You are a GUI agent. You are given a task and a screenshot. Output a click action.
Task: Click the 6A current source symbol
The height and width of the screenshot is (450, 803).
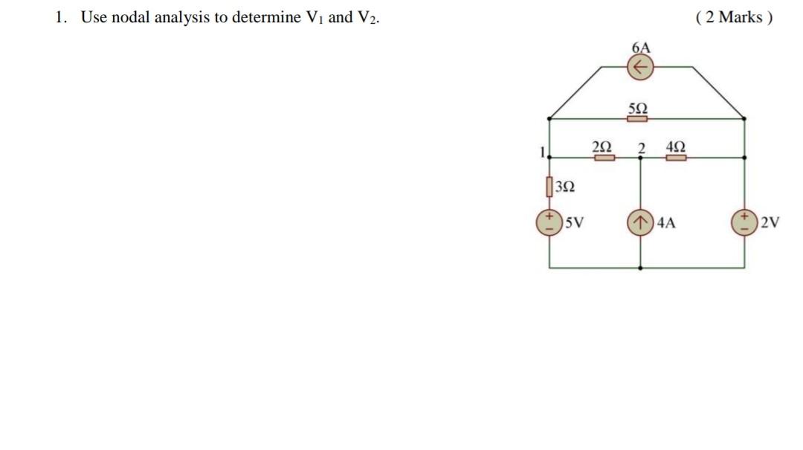click(640, 68)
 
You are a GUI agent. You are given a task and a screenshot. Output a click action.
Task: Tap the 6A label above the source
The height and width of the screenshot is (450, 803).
click(641, 48)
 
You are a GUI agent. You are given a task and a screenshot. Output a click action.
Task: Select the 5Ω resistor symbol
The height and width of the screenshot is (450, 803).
click(638, 118)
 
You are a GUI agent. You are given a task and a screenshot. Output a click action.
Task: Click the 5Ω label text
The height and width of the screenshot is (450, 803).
click(638, 108)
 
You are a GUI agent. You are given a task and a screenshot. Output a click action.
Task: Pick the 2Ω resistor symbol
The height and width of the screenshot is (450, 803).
click(603, 157)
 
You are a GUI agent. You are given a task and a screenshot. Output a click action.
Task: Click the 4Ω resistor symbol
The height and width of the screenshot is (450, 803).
click(676, 157)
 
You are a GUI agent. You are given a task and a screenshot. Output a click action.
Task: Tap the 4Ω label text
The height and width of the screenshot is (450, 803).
click(677, 146)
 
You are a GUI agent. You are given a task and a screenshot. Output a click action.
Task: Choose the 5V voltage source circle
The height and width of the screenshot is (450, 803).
click(549, 222)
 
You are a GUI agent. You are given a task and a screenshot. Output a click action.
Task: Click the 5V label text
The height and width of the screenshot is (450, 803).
click(573, 222)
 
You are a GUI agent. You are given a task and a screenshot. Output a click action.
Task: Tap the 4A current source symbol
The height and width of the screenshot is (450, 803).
click(640, 222)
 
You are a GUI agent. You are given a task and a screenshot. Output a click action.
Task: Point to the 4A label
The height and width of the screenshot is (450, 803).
click(666, 222)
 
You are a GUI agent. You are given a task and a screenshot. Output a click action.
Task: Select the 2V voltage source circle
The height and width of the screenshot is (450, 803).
click(744, 222)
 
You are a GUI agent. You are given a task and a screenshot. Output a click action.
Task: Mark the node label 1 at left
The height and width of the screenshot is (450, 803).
click(543, 152)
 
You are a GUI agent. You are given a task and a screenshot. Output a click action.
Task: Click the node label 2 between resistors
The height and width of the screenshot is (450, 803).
click(640, 147)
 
